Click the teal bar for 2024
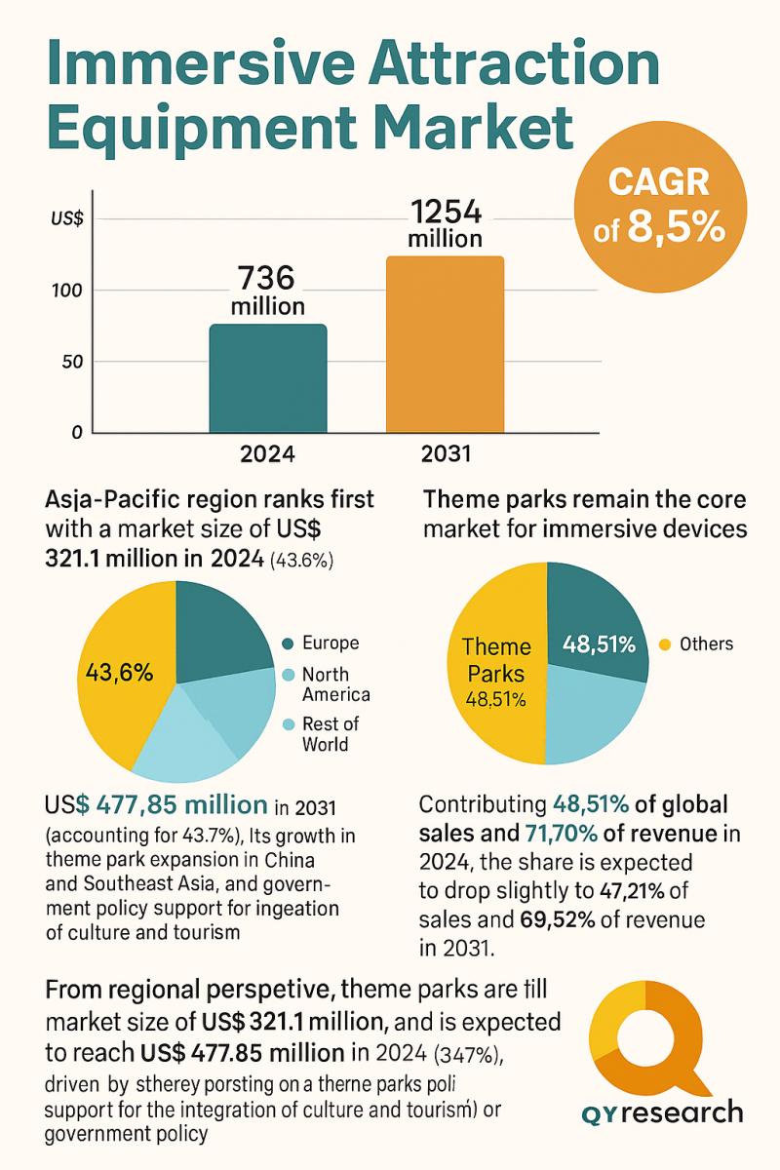pyautogui.click(x=268, y=378)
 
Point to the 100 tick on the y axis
pyautogui.click(x=78, y=291)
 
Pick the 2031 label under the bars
pyautogui.click(x=446, y=453)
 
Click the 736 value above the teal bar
pyautogui.click(x=267, y=277)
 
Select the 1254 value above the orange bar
pyautogui.click(x=446, y=212)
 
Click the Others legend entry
pyautogui.click(x=705, y=643)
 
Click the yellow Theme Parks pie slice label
pyautogui.click(x=496, y=660)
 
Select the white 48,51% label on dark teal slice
pyautogui.click(x=600, y=643)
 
